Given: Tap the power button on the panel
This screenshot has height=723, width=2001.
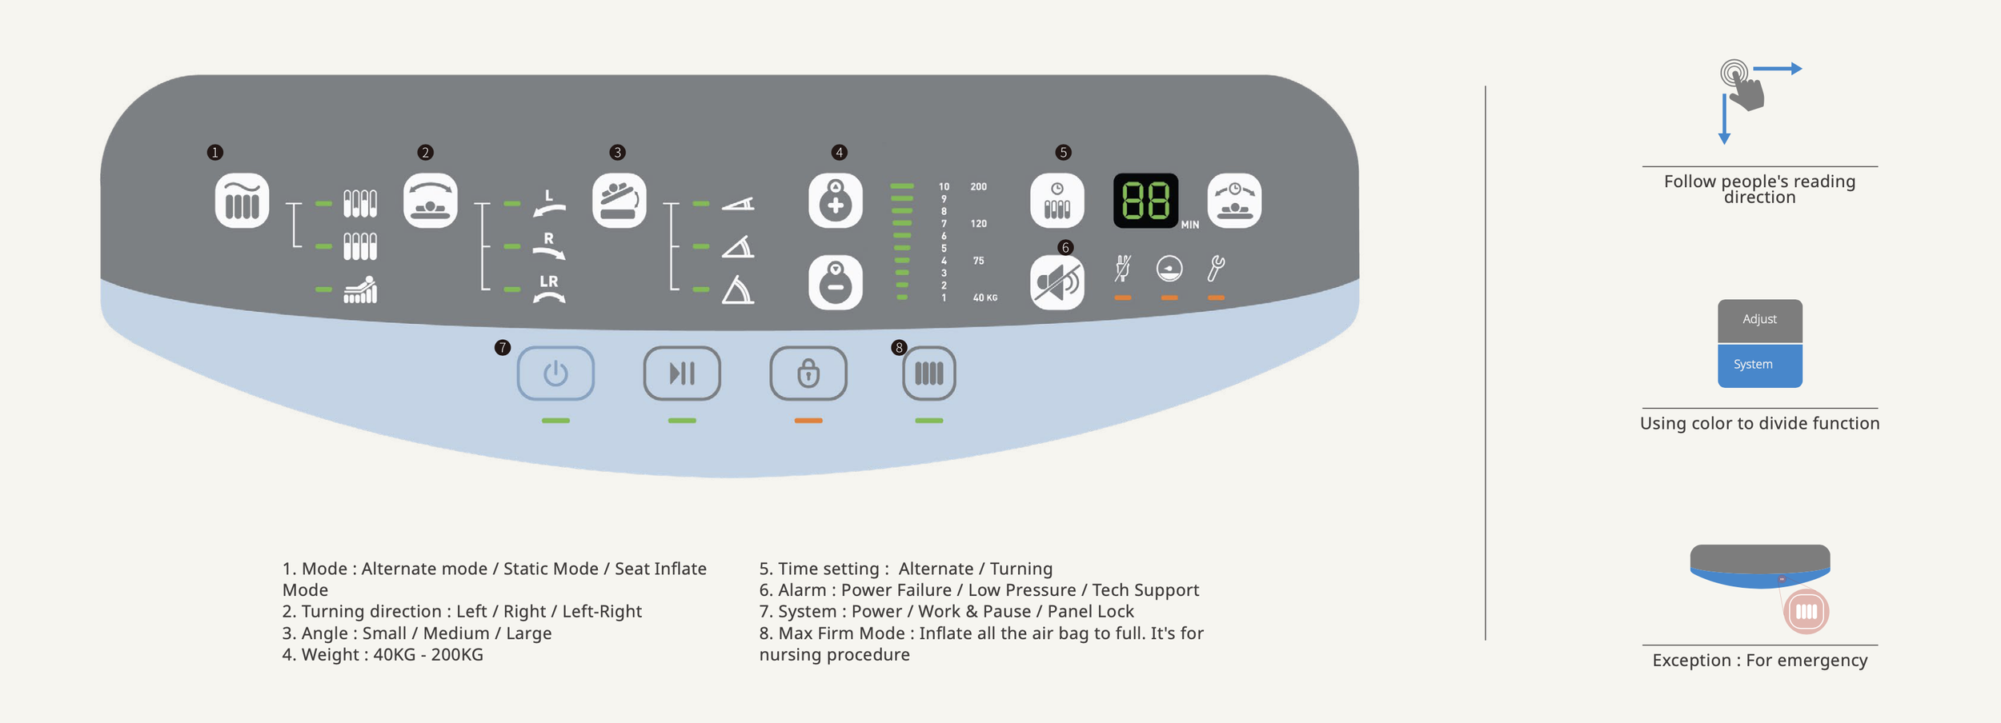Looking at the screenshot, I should tap(555, 373).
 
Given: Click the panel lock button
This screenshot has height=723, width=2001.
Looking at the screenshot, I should tap(808, 373).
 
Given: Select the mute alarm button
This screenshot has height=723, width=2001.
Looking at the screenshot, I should tap(1057, 282).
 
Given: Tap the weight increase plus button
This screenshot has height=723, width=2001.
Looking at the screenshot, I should tap(836, 200).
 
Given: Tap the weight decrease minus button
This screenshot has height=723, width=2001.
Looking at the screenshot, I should tap(836, 282).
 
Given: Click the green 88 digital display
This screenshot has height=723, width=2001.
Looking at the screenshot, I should tap(1145, 200).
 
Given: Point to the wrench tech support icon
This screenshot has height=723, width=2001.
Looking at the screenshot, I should tap(1216, 269).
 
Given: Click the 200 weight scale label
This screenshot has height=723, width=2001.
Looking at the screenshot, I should tap(978, 187).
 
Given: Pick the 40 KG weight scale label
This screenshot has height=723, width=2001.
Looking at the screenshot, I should tap(984, 298).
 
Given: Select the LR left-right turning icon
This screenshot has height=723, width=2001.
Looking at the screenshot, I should tap(549, 290).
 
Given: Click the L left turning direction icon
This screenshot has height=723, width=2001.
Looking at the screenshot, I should tap(549, 204).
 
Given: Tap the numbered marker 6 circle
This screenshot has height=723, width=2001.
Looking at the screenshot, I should tap(1065, 247).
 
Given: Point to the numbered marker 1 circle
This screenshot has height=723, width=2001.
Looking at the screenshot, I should tap(215, 152).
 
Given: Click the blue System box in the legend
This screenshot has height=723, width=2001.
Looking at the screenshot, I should tap(1759, 365).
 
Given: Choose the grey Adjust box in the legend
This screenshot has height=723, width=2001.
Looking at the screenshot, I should tap(1759, 320).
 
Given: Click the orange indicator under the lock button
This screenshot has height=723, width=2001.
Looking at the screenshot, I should tap(808, 421).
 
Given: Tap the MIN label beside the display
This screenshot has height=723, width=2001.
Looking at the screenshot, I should tap(1190, 226).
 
